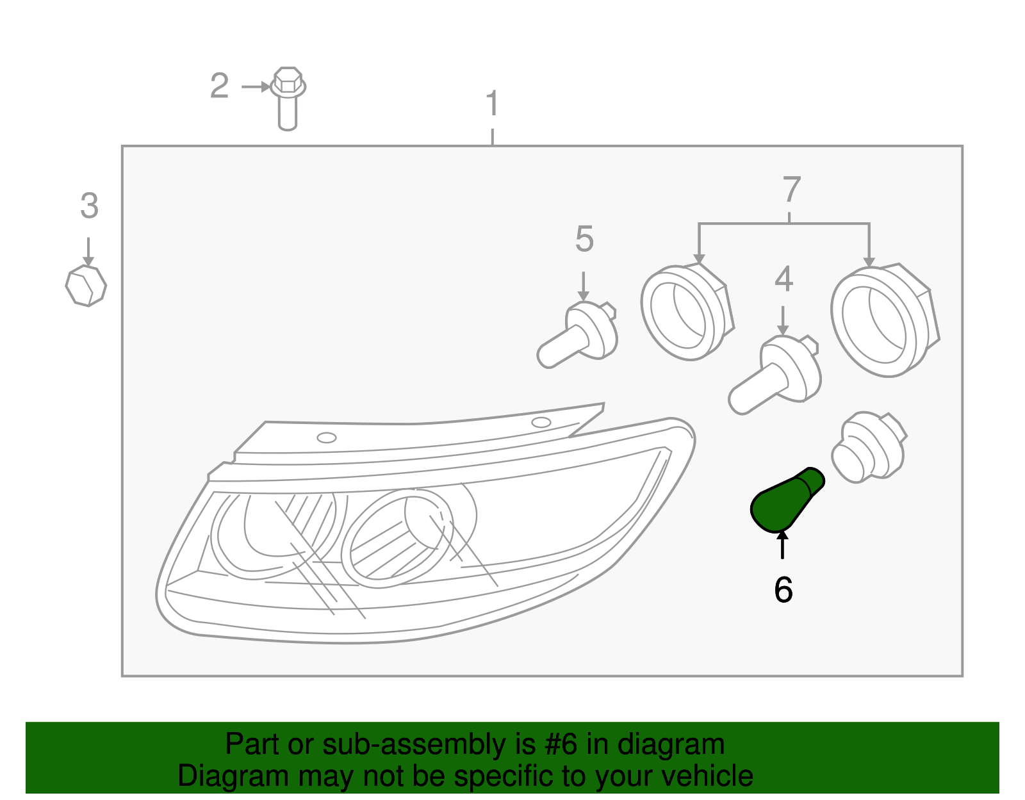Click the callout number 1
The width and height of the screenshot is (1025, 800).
492,104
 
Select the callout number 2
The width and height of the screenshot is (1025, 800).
219,86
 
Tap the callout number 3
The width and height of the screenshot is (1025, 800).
89,206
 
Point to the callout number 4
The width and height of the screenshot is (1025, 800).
783,279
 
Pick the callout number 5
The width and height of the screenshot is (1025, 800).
584,239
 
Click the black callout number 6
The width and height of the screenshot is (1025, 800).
783,590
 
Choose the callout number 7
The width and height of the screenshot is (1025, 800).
792,190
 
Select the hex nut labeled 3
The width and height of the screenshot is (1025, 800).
86,286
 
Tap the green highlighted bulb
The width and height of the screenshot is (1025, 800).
785,500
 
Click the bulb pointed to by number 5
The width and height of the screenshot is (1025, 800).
577,336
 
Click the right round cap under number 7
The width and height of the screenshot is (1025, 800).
883,320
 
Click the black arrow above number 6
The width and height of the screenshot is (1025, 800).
782,545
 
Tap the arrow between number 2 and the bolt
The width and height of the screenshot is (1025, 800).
256,86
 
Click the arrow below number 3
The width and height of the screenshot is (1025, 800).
88,252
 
